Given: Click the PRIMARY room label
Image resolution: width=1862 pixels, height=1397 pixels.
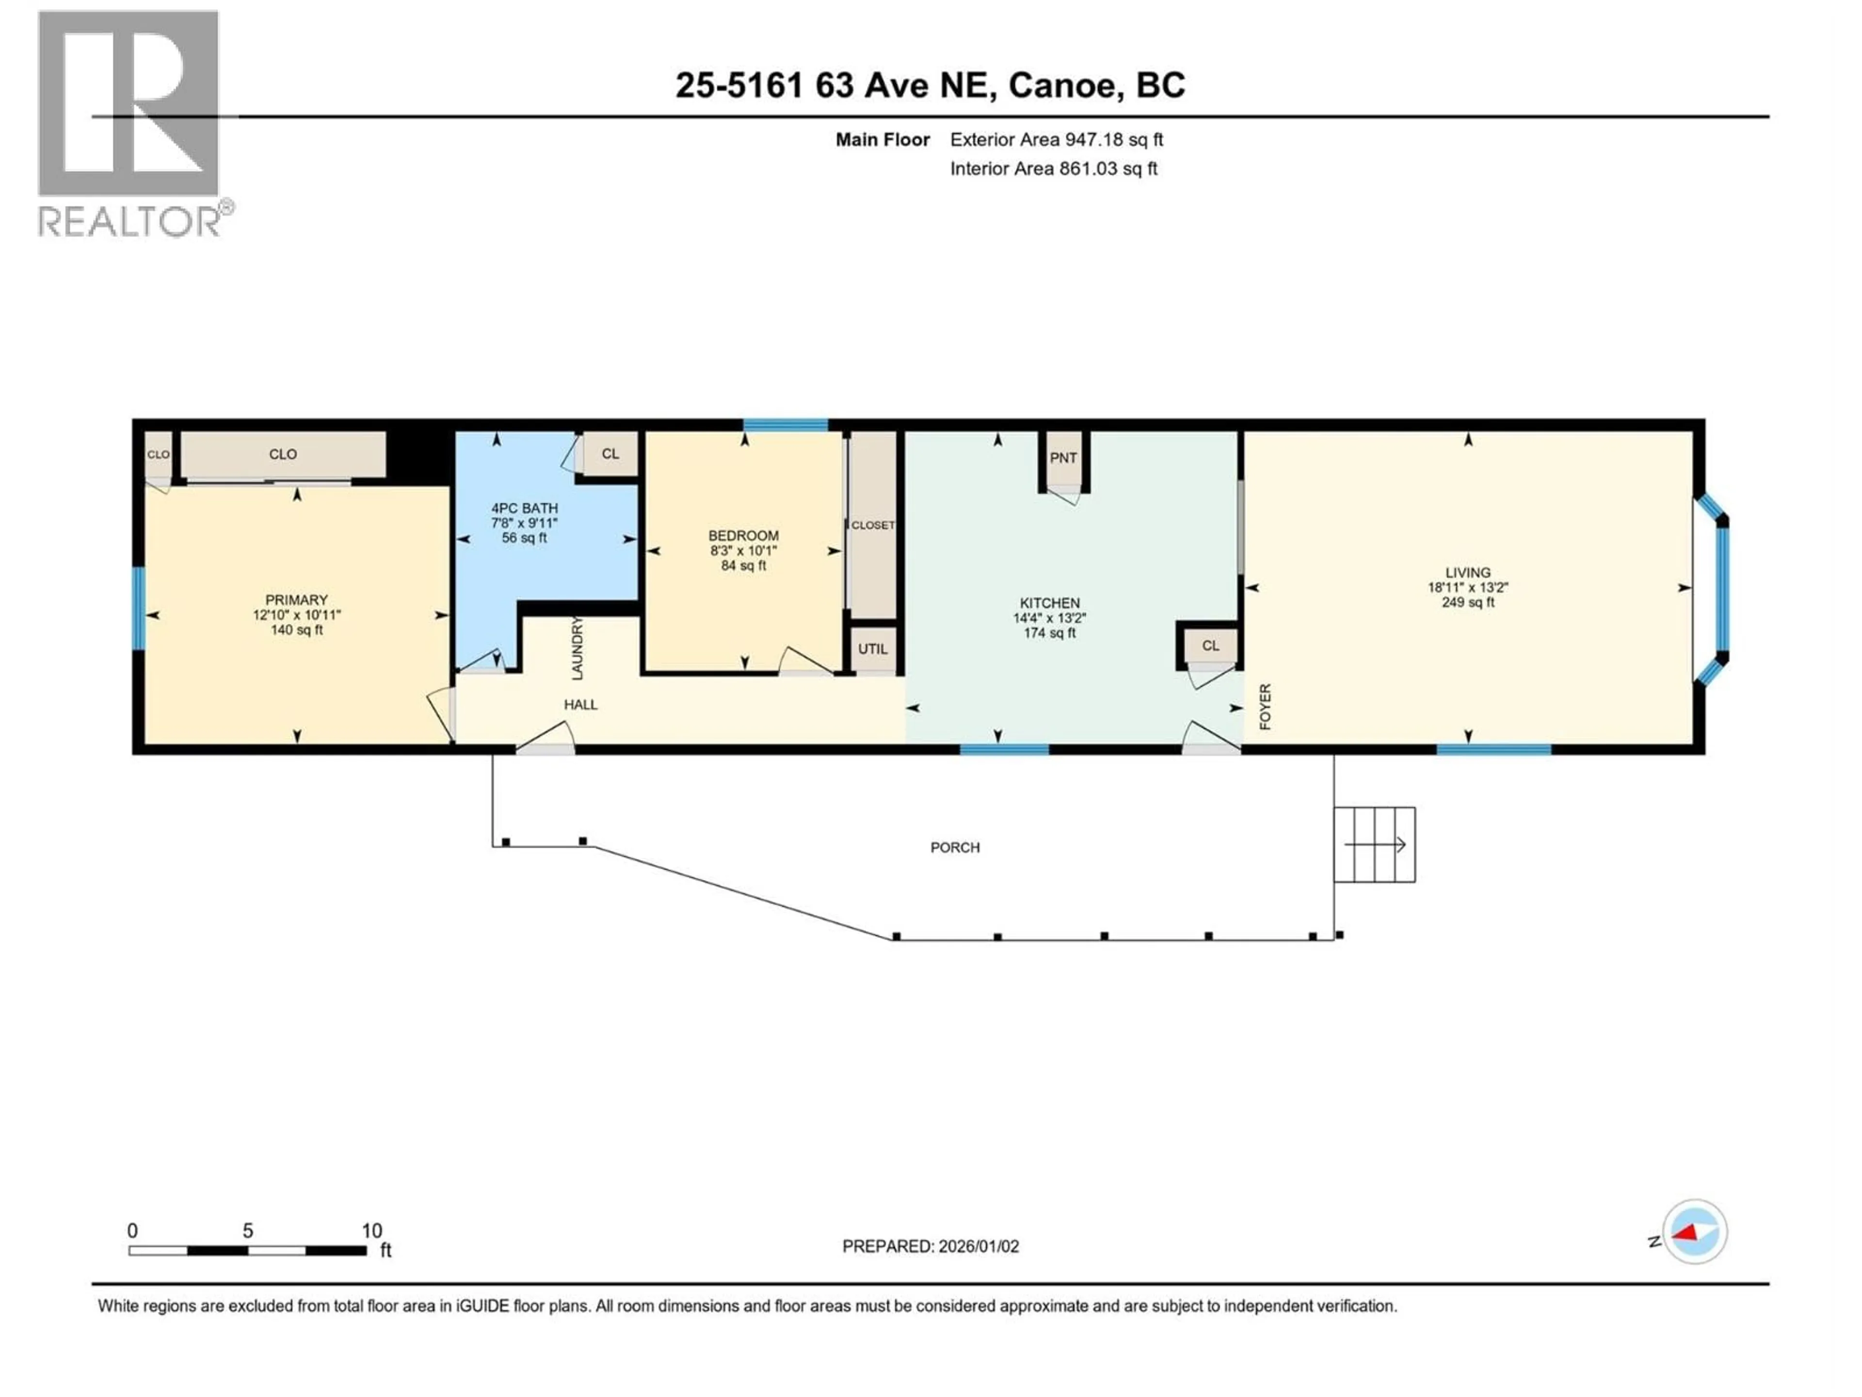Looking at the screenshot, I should click(x=296, y=600).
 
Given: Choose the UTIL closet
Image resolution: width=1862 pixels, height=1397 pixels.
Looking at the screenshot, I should click(x=873, y=649).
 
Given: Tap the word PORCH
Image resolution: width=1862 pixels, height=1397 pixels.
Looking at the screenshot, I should click(x=955, y=847).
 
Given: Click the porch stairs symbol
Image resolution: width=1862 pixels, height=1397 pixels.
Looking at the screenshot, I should click(x=1374, y=845).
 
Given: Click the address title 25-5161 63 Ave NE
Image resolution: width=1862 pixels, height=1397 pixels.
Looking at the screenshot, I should click(x=930, y=85).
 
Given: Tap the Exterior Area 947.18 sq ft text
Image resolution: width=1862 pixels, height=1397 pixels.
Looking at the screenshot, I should click(x=1057, y=140).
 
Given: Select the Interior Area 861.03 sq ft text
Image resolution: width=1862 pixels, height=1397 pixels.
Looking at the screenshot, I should click(x=1053, y=168).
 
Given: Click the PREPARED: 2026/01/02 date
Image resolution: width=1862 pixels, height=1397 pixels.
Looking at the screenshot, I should click(x=930, y=1246).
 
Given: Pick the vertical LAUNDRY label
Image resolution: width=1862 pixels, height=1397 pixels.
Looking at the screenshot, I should click(x=577, y=649).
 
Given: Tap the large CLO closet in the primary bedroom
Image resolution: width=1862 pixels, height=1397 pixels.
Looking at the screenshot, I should click(x=283, y=455).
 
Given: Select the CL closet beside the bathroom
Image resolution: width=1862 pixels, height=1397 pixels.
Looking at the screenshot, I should click(x=610, y=454).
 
